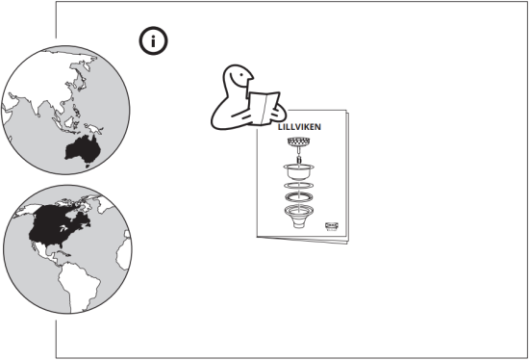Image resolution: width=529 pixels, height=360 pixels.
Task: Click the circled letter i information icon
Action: click(x=153, y=40)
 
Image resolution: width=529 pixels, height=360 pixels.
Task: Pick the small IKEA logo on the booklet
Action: click(x=332, y=224)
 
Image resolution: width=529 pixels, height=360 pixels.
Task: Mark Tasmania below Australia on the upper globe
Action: click(x=85, y=166)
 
